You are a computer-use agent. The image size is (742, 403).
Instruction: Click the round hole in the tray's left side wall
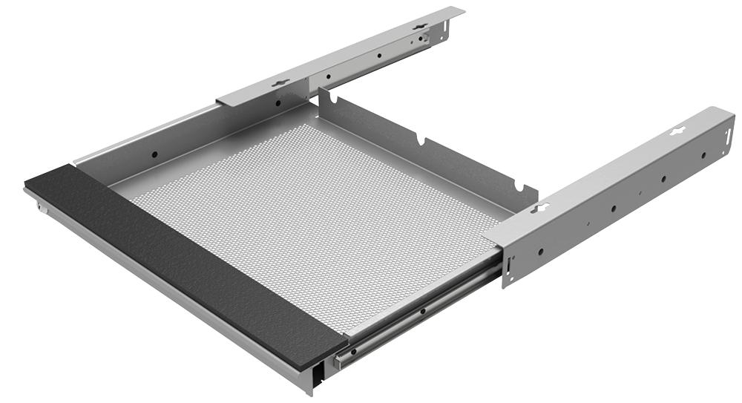tap(154, 155)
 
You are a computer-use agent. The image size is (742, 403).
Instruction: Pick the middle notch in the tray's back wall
tap(421, 140)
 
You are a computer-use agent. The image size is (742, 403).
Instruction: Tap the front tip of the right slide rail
tap(338, 363)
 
